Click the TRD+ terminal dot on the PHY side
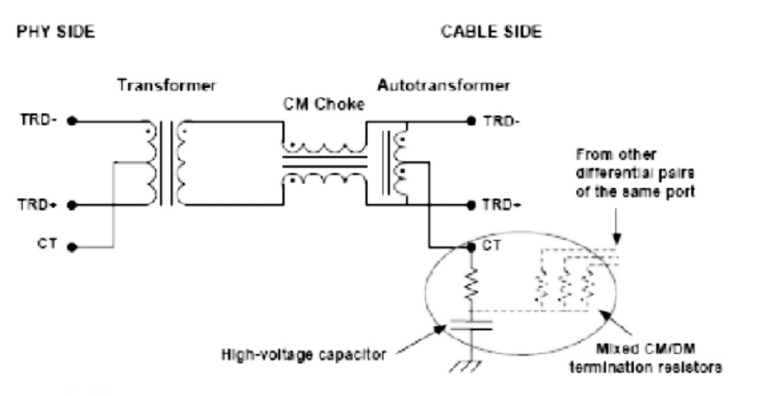click(x=72, y=205)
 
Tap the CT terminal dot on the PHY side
click(x=72, y=247)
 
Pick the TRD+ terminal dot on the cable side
click(x=471, y=205)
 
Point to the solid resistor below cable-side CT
click(x=471, y=282)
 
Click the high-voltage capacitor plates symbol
click(x=471, y=324)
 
